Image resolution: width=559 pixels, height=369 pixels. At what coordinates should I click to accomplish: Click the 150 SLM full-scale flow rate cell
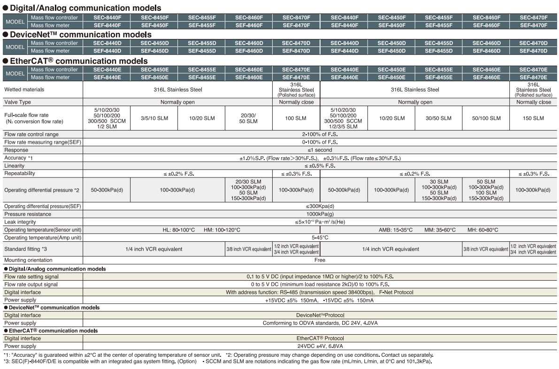tap(533, 118)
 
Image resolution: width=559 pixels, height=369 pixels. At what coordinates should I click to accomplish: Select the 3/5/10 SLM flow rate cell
tap(153, 118)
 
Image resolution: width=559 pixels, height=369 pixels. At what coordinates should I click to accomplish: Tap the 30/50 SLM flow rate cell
tap(438, 118)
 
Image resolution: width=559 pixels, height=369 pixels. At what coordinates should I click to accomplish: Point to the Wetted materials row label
tap(24, 89)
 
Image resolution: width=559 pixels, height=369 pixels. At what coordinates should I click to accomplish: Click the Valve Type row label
tap(18, 102)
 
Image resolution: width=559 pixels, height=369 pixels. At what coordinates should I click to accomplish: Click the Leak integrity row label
tap(20, 222)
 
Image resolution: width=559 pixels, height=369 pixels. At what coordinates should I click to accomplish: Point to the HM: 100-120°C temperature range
tap(222, 230)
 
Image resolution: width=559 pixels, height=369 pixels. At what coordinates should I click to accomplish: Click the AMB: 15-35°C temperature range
tap(396, 230)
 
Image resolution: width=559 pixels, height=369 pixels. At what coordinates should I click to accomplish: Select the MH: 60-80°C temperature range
tap(483, 230)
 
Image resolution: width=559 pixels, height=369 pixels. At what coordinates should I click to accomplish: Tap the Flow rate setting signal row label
tap(31, 277)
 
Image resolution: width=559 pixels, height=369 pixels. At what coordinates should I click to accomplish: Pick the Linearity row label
tap(15, 166)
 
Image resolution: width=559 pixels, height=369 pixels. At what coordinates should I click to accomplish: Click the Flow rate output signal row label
tap(31, 284)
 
